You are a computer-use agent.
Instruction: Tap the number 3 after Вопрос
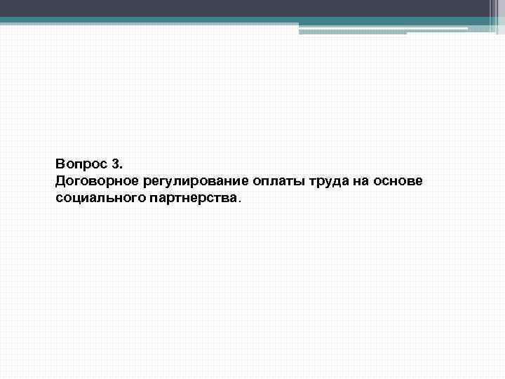coord(116,165)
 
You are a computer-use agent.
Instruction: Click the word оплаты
coord(267,182)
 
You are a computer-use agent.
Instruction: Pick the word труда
coord(316,182)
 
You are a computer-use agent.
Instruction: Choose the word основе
coord(398,182)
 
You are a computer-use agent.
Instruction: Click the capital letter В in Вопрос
coord(60,165)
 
